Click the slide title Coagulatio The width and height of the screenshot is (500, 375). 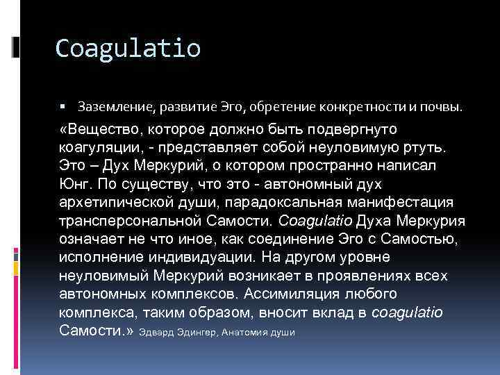click(x=128, y=48)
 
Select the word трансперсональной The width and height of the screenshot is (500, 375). click(x=127, y=221)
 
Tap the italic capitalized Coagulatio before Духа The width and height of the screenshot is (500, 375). click(x=315, y=221)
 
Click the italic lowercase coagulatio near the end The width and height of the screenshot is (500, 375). click(x=407, y=311)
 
